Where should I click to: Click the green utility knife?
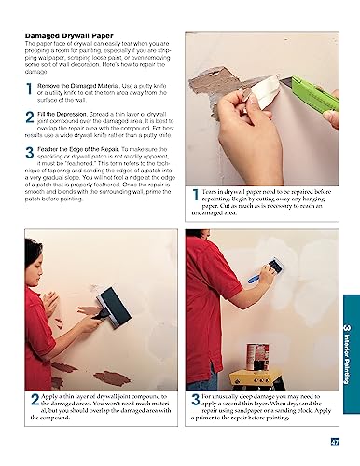pos(312,95)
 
